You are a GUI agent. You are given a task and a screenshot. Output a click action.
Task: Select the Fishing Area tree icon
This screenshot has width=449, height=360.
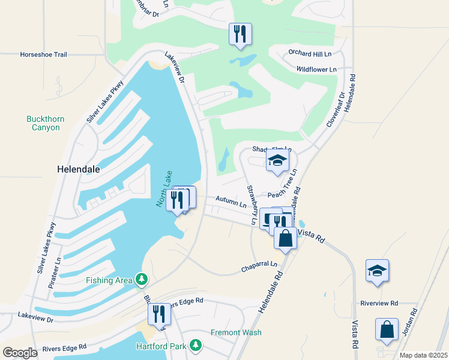tap(142, 280)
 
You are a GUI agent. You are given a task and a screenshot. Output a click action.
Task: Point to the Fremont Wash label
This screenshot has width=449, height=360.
tap(235, 332)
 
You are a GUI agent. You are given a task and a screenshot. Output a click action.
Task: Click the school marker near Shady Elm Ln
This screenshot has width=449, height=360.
tap(277, 160)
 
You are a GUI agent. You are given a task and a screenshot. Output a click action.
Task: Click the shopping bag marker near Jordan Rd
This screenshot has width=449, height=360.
tap(387, 329)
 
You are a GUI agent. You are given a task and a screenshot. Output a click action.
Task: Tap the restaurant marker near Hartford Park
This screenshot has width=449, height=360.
tap(160, 314)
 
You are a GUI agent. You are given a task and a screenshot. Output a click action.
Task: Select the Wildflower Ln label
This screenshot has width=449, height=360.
tap(316, 70)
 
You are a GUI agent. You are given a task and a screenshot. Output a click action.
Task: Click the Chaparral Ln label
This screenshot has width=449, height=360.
tap(260, 264)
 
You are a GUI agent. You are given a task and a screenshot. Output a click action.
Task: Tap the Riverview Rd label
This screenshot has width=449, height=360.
tap(379, 304)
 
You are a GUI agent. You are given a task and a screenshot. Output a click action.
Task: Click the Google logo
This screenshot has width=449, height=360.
tap(20, 353)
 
